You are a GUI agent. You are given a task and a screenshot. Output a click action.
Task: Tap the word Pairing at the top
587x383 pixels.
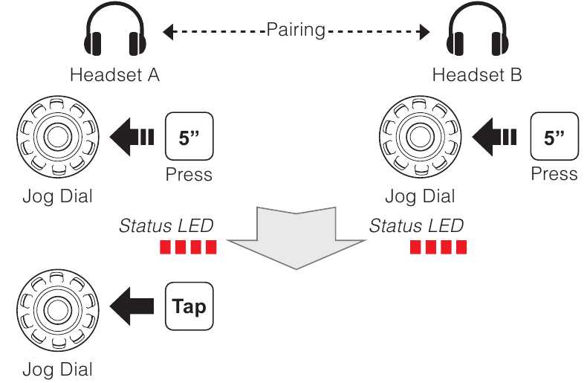click(x=296, y=30)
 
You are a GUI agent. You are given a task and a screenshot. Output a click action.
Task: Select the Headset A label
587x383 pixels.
click(x=114, y=75)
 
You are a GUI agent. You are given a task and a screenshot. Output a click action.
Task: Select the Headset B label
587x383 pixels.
click(x=477, y=75)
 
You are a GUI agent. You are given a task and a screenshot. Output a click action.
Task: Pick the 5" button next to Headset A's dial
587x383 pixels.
click(x=189, y=137)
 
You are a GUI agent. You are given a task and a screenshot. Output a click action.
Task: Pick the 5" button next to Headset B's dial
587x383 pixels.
click(x=554, y=137)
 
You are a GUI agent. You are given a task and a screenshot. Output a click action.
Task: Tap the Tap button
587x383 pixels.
click(x=189, y=306)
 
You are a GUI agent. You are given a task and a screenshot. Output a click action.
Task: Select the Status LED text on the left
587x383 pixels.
click(x=166, y=225)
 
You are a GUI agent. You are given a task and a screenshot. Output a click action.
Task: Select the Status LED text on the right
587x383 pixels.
click(x=416, y=225)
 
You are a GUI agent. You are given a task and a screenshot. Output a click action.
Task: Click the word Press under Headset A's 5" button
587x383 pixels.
click(x=189, y=175)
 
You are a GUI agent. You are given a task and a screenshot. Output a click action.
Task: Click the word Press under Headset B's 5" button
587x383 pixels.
click(x=554, y=174)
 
